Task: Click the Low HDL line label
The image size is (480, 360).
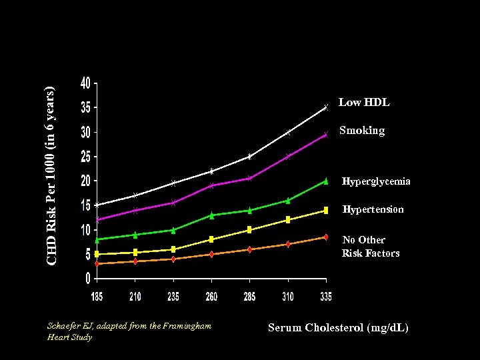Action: click(364, 103)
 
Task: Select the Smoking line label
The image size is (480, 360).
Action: click(361, 131)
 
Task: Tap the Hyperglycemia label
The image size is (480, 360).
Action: click(376, 181)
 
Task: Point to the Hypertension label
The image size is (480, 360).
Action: click(373, 209)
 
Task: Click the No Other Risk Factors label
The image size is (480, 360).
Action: click(371, 246)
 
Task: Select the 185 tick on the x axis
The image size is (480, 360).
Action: click(97, 296)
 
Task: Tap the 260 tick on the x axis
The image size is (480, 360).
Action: click(211, 296)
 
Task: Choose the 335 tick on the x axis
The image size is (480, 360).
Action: click(325, 296)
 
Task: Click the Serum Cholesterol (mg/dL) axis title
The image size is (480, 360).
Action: click(338, 327)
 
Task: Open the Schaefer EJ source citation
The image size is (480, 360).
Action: click(129, 331)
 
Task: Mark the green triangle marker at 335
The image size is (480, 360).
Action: click(326, 181)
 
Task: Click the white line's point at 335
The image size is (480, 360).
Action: click(326, 107)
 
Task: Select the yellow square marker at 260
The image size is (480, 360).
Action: click(211, 239)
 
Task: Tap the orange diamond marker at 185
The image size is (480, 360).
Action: click(97, 263)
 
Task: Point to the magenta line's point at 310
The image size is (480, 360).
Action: click(288, 157)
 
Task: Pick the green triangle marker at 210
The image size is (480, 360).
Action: click(135, 235)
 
